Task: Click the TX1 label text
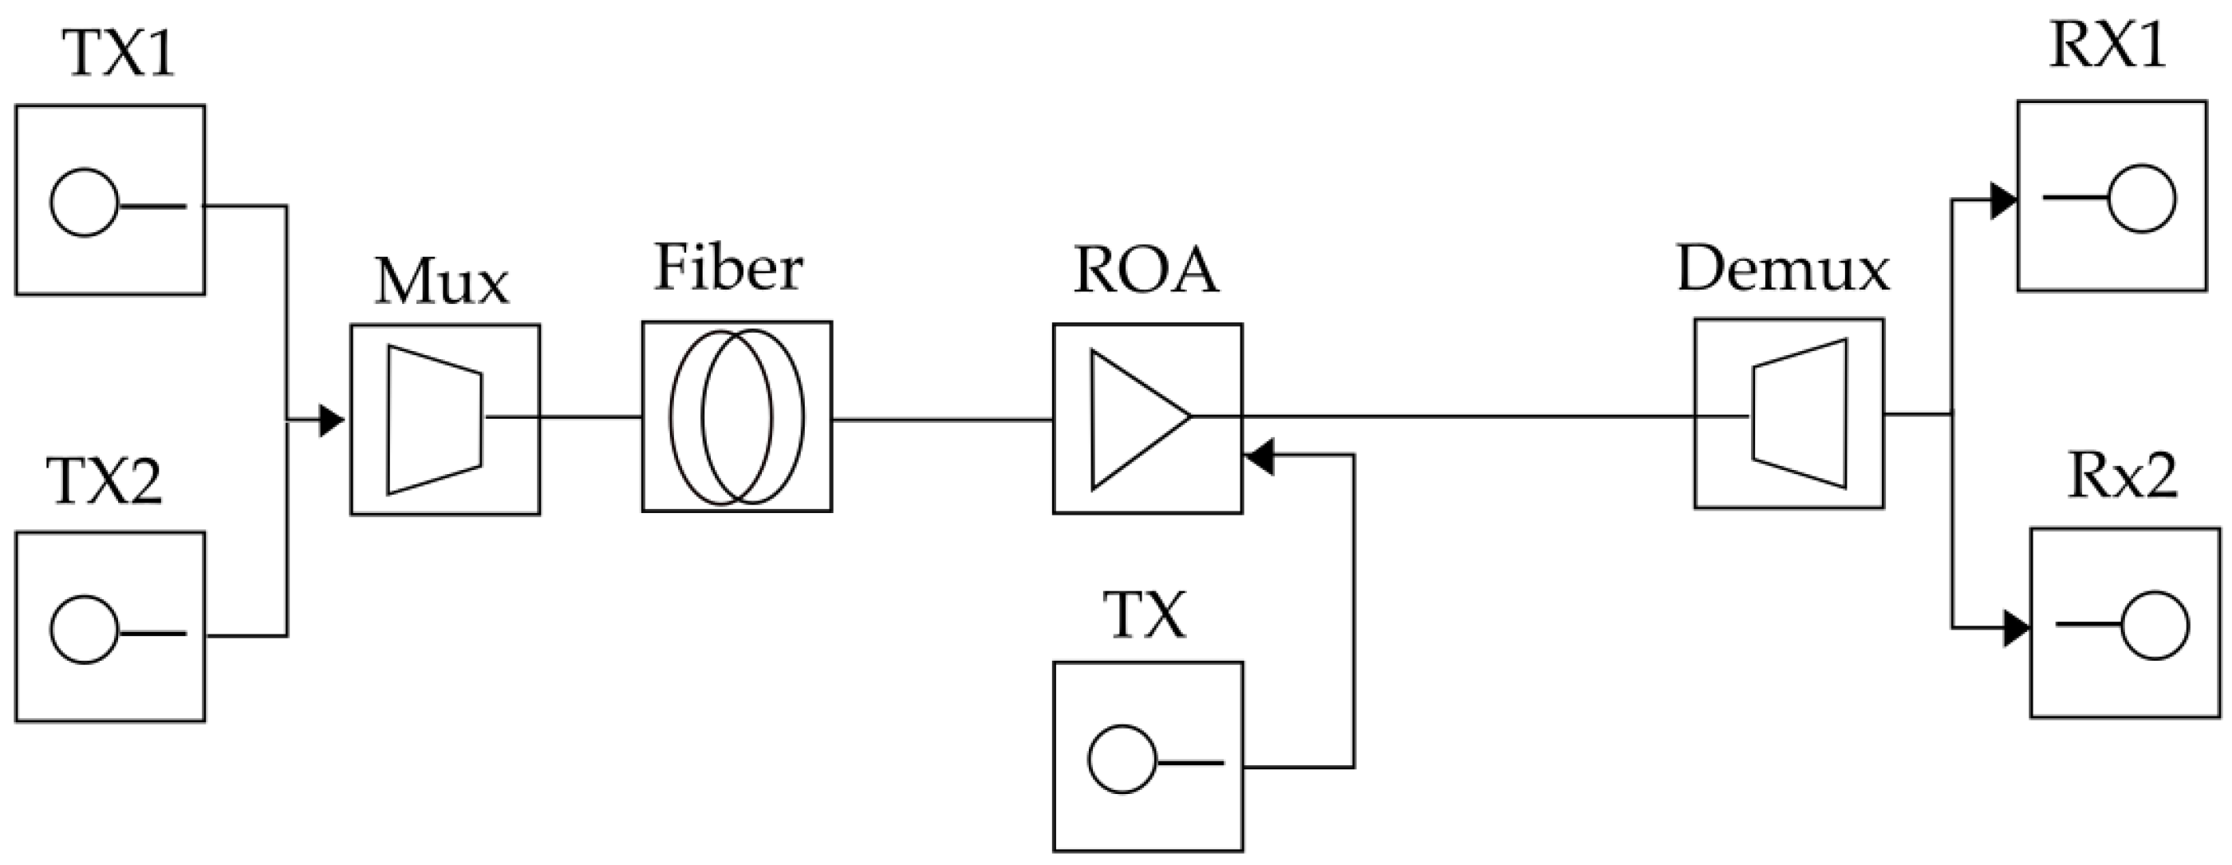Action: (x=120, y=53)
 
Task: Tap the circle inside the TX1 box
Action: (x=84, y=202)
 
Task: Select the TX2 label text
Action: (x=104, y=482)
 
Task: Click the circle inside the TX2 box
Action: (x=84, y=630)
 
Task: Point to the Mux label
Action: (x=442, y=282)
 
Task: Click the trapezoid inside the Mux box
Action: (x=434, y=421)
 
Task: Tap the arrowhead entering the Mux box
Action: (x=331, y=421)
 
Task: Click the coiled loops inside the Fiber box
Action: (x=736, y=417)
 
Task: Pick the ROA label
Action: (x=1146, y=270)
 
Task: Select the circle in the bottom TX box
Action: (x=1122, y=759)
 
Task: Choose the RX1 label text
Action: (x=2108, y=45)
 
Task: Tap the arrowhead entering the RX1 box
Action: (x=2002, y=201)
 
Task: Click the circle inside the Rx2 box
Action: (x=2155, y=625)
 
